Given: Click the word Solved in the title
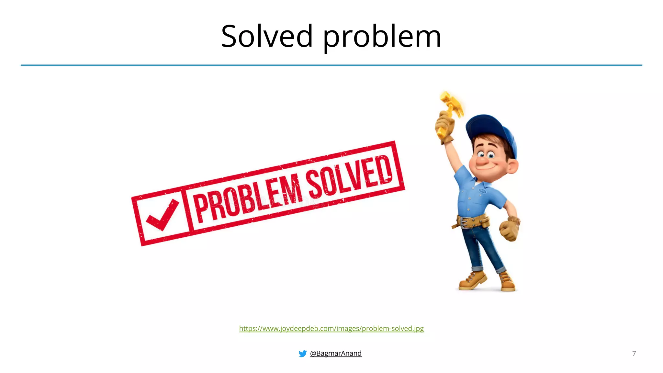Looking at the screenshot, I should coord(267,37).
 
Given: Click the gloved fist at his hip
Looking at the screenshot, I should coord(510,229).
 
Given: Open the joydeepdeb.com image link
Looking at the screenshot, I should coord(331,328).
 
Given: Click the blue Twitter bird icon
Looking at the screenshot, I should coord(302,354).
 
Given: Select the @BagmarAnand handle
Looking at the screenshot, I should coord(336,353).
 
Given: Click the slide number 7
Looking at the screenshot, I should coord(634,354).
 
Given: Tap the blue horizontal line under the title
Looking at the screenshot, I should coord(331,65).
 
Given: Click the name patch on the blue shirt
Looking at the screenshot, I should coord(483,191).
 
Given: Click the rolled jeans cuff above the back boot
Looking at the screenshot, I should coord(501,269).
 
